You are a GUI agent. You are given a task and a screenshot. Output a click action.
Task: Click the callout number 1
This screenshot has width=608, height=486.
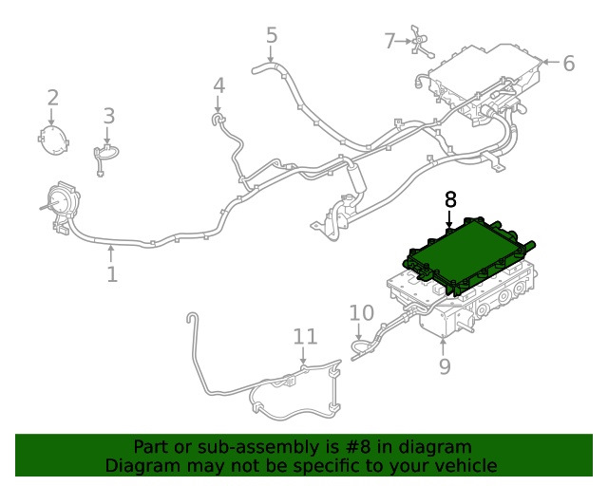tap(112, 274)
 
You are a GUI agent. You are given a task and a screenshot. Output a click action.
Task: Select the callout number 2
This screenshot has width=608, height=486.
tap(53, 98)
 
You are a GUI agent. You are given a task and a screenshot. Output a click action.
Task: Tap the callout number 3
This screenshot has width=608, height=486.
tap(109, 116)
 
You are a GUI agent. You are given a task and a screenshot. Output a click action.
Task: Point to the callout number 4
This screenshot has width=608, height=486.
tap(219, 85)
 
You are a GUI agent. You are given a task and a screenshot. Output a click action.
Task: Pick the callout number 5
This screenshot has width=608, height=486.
tap(272, 35)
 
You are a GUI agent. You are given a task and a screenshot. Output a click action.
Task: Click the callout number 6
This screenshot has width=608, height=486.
tap(568, 64)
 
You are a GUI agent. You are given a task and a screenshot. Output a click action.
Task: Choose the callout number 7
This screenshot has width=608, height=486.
tap(389, 41)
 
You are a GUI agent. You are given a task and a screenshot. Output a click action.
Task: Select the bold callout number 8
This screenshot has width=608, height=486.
tap(450, 200)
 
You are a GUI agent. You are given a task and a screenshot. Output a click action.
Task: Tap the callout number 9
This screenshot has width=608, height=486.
tap(445, 366)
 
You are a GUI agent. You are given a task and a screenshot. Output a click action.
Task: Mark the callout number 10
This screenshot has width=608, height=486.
tap(361, 313)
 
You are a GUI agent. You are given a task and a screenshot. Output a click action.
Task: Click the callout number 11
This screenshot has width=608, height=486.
tap(305, 337)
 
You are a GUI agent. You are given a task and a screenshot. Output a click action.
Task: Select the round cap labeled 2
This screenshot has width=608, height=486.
tap(53, 140)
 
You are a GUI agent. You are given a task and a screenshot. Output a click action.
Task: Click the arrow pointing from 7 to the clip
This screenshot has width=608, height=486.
tap(404, 41)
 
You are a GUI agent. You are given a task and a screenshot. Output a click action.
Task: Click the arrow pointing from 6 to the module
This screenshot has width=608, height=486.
tap(551, 62)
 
